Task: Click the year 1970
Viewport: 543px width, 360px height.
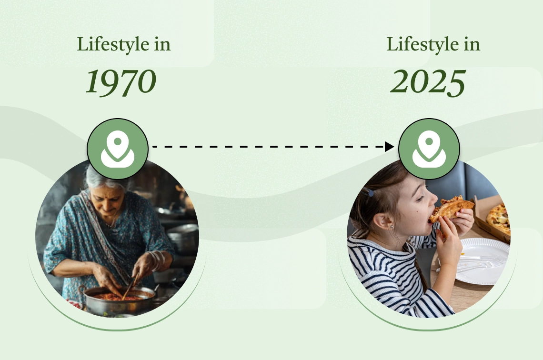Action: pos(121,82)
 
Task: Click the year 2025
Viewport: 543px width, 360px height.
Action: pos(428,82)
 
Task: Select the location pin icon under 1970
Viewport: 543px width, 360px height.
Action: pos(118,149)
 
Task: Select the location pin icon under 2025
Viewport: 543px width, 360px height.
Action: pos(429,149)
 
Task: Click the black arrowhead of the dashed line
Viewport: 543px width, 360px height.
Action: pos(389,147)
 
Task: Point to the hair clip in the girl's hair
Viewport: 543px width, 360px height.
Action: pos(368,192)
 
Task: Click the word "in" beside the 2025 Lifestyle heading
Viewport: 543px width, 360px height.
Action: pos(471,45)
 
